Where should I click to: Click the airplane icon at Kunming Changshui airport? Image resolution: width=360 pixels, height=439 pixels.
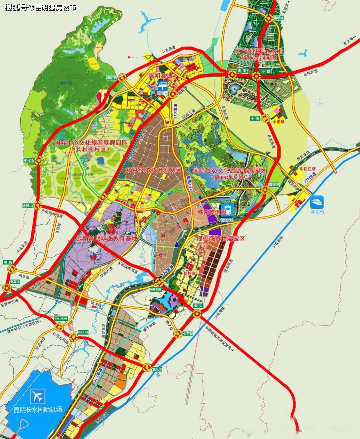[x=36, y=396]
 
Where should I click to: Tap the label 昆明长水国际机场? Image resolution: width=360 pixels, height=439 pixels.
[x=36, y=409]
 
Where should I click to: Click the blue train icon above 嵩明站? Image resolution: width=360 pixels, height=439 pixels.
[x=317, y=202]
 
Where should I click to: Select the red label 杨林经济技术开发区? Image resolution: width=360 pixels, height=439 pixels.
[x=154, y=170]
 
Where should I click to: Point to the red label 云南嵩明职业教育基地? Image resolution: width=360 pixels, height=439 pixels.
[x=107, y=238]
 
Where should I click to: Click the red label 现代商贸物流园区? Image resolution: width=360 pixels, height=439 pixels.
[x=221, y=238]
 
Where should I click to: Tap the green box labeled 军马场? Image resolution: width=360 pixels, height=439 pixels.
[x=29, y=160]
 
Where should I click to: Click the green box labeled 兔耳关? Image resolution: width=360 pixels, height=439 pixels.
[x=15, y=282]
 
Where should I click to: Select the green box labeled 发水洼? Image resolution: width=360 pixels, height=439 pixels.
[x=157, y=369]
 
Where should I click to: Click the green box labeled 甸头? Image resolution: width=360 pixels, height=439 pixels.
[x=198, y=305]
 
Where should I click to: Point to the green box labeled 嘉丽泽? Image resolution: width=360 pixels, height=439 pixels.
[x=274, y=184]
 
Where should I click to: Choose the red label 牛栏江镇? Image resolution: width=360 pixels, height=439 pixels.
[x=308, y=169]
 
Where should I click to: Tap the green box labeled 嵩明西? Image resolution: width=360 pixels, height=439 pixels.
[x=112, y=78]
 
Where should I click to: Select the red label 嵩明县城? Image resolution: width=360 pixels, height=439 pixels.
[x=160, y=76]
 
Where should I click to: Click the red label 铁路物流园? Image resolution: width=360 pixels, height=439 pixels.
[x=212, y=212]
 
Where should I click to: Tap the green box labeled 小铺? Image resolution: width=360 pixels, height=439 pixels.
[x=266, y=71]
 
